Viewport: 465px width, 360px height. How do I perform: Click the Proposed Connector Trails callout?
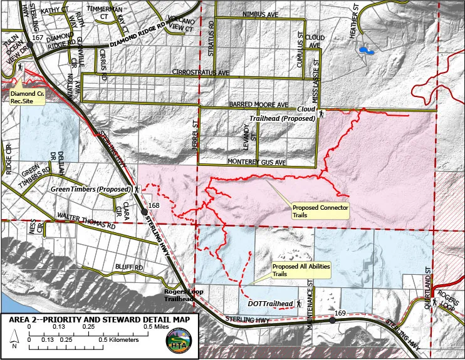(320, 210)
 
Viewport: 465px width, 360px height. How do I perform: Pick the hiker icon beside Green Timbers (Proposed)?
(137, 188)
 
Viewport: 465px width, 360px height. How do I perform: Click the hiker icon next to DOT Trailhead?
(300, 304)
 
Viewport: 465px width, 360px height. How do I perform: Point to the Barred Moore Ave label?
(258, 105)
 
